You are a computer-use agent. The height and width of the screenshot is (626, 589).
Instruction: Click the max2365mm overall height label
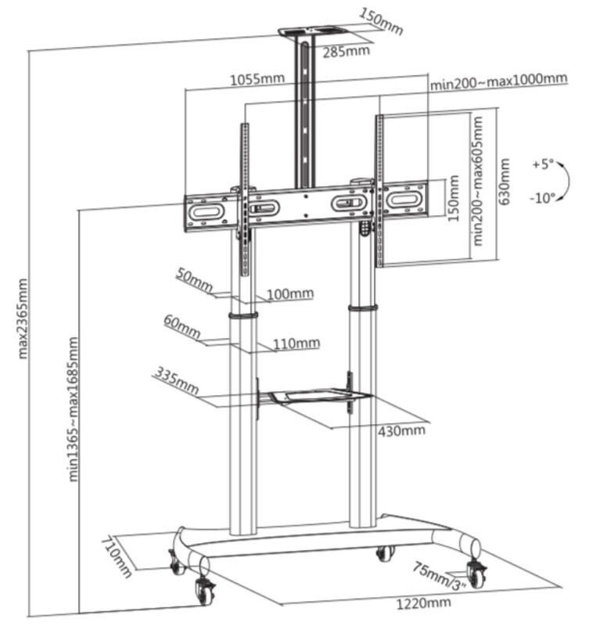(23, 318)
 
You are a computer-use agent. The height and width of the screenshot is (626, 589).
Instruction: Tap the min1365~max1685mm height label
(74, 409)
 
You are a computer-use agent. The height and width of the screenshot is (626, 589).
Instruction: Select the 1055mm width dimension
(257, 78)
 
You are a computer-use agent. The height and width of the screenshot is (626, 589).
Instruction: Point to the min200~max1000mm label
(498, 81)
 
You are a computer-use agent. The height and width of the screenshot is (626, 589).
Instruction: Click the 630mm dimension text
(505, 182)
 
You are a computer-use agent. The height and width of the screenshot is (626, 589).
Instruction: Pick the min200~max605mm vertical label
(477, 181)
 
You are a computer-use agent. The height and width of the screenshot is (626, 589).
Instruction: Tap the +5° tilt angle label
(543, 164)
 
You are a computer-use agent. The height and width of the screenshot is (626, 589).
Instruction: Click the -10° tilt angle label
(543, 197)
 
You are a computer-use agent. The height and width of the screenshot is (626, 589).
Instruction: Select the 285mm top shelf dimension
(346, 51)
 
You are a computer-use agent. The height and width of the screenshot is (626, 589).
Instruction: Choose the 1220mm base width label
(423, 603)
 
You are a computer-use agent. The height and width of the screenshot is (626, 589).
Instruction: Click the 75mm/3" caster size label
(440, 576)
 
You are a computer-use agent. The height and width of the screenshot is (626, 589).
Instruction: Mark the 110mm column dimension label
(296, 344)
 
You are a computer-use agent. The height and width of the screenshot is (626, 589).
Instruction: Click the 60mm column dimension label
(182, 326)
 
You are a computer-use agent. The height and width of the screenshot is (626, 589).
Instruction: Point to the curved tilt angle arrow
(568, 181)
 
